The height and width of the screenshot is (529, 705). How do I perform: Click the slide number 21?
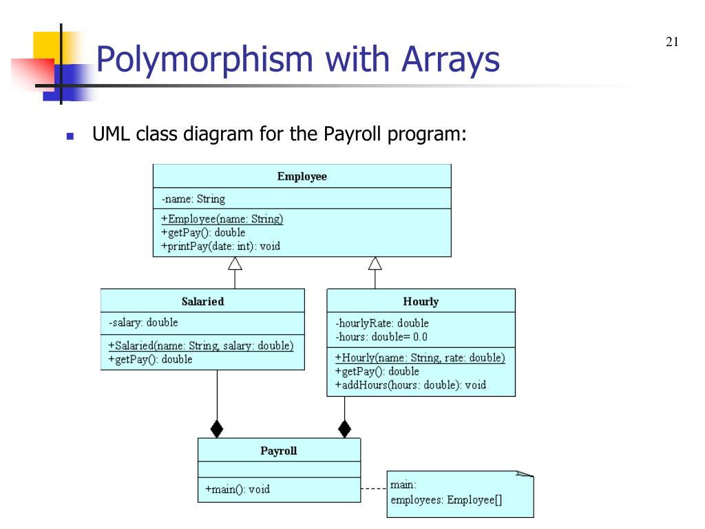[673, 43]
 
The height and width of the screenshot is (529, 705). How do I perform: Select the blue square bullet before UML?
[70, 135]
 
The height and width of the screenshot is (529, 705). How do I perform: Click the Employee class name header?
[302, 176]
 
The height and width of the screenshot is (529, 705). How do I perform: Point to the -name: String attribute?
[193, 199]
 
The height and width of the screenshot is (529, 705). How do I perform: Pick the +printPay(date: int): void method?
[221, 246]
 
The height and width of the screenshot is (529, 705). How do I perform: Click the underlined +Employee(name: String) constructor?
[222, 219]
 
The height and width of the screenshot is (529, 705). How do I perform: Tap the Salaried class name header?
[202, 301]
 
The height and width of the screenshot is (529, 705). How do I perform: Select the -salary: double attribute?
[143, 322]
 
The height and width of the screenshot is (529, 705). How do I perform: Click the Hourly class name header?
[421, 301]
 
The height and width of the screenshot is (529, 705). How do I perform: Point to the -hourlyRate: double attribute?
[382, 323]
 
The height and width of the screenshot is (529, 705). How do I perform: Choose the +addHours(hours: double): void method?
[410, 385]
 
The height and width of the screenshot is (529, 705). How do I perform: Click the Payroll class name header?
[279, 451]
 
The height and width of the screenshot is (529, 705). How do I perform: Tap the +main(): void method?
[238, 490]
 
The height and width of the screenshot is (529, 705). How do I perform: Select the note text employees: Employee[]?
[446, 500]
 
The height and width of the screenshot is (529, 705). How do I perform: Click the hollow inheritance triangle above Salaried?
[235, 262]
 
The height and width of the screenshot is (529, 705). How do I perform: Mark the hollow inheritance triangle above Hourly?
[375, 262]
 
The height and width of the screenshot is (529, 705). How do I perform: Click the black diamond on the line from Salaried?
[217, 429]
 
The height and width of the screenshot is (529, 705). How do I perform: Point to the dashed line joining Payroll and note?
[373, 488]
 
